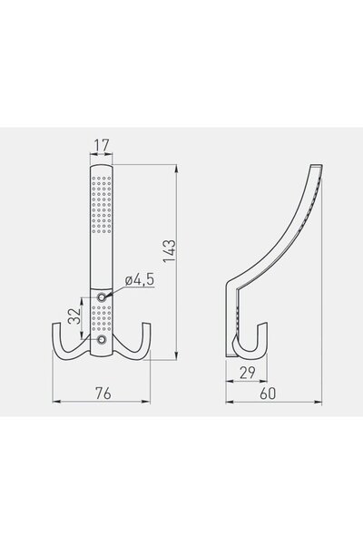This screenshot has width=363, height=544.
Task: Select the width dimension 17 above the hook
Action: coord(102,144)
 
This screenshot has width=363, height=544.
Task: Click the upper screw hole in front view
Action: coord(103,296)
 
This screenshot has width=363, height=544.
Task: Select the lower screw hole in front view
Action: coord(103,340)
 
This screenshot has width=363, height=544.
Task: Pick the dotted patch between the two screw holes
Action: coord(102,318)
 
